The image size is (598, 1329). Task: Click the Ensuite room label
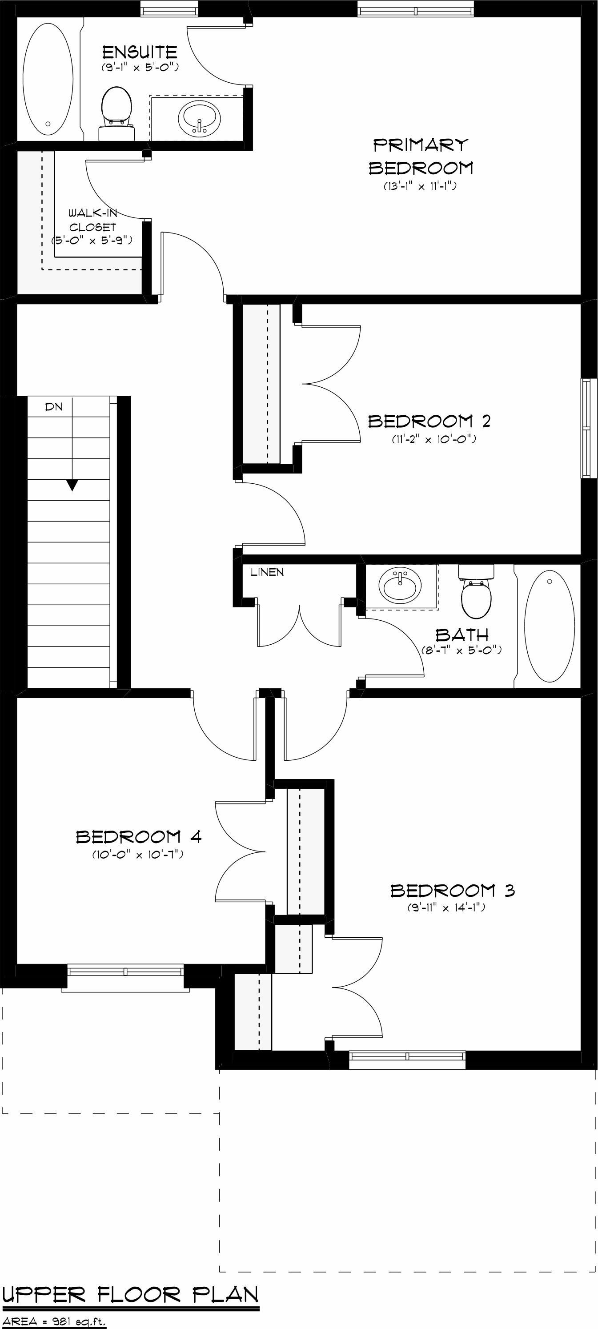pyautogui.click(x=139, y=52)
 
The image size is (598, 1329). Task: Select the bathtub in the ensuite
pyautogui.click(x=48, y=77)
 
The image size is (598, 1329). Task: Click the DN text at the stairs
pyautogui.click(x=54, y=406)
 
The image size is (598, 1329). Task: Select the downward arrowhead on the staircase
pyautogui.click(x=72, y=485)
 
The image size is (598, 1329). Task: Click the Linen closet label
pyautogui.click(x=267, y=572)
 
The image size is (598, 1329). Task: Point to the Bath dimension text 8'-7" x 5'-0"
pyautogui.click(x=461, y=650)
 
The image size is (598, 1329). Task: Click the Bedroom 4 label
pyautogui.click(x=138, y=836)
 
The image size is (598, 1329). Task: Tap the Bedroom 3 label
pyautogui.click(x=453, y=891)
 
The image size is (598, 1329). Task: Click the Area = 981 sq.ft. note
pyautogui.click(x=54, y=1317)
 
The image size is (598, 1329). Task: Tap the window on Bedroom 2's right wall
pyautogui.click(x=586, y=428)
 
